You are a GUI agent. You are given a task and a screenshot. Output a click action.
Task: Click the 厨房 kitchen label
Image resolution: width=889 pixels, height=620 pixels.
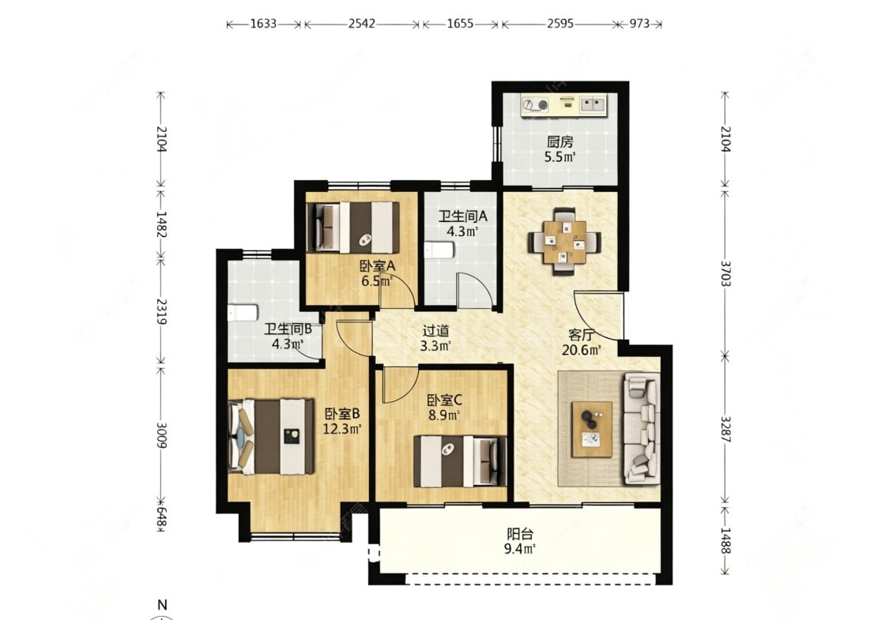[x=559, y=141]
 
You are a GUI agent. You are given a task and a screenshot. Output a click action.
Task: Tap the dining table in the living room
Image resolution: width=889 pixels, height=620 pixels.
[x=565, y=242]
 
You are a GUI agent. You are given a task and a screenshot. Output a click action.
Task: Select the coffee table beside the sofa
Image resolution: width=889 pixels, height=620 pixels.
[x=592, y=429]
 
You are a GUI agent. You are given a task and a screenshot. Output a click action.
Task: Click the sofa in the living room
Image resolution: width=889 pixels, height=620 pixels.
[x=642, y=428]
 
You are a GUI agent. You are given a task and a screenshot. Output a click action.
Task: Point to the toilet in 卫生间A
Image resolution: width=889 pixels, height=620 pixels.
[x=440, y=250]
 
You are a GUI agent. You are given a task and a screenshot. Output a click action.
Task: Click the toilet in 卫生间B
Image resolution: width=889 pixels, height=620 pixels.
[x=243, y=313]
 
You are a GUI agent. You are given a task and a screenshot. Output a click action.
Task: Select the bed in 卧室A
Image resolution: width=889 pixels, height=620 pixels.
[x=352, y=227]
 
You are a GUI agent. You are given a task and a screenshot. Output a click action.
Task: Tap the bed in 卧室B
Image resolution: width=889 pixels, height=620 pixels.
[x=271, y=437]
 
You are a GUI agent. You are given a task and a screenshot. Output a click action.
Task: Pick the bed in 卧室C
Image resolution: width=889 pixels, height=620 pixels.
[x=460, y=460]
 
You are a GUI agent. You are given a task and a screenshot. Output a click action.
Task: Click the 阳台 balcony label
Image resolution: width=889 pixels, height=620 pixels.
[x=520, y=534]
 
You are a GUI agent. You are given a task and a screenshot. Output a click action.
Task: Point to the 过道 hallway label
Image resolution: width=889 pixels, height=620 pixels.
[x=436, y=330]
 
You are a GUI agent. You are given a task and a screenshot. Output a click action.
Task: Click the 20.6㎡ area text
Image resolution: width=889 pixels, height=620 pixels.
[x=581, y=350]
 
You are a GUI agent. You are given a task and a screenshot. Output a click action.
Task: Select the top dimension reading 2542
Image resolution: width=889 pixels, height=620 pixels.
[x=362, y=24]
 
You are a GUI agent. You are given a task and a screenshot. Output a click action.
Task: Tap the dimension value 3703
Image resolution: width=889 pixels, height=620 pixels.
[x=726, y=273]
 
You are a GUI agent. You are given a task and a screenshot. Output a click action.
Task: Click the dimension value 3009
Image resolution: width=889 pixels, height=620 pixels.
[x=161, y=434]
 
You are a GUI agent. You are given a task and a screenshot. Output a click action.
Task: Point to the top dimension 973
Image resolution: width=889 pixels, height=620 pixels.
[x=639, y=24]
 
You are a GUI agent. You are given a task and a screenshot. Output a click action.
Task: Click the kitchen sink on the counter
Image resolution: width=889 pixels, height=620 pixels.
[x=593, y=103]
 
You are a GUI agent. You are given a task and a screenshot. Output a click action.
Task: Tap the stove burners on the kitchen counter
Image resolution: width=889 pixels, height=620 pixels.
[x=535, y=104]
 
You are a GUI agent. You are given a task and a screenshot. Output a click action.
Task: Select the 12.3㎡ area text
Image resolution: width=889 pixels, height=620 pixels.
[x=342, y=429]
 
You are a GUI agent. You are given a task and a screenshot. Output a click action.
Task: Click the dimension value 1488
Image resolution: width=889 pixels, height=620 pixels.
[x=726, y=540]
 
